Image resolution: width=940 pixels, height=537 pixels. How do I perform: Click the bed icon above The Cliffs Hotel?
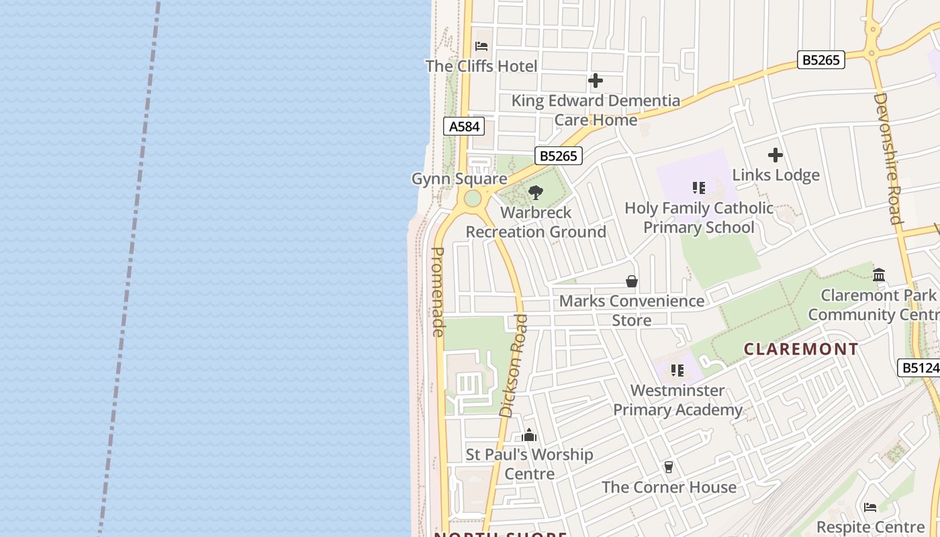tap(481, 46)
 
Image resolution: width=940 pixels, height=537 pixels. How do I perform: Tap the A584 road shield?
tap(464, 126)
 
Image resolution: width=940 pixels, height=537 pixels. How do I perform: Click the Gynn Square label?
tap(459, 179)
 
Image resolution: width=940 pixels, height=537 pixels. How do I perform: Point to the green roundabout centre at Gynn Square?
tap(473, 198)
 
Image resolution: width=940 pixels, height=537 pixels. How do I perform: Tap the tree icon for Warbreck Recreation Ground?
tap(536, 193)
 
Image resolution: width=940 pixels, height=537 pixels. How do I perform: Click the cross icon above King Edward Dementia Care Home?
tap(595, 81)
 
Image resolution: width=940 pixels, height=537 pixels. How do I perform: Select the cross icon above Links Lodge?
tap(775, 156)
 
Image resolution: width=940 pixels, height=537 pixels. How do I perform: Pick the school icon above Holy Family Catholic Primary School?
tap(698, 188)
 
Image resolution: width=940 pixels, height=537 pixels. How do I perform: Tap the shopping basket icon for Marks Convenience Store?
tap(632, 281)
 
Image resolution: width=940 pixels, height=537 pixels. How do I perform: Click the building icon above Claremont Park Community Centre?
tap(879, 275)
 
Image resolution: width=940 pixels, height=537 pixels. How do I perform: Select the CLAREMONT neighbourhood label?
tap(801, 349)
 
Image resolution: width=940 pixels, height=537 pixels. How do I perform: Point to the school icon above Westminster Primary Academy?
tap(677, 371)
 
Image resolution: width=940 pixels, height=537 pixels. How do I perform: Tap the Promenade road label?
tap(438, 292)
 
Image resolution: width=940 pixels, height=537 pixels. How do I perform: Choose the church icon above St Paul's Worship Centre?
tap(529, 435)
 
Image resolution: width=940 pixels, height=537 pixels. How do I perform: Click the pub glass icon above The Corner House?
tap(668, 467)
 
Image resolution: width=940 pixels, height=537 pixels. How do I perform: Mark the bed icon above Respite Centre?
tap(870, 507)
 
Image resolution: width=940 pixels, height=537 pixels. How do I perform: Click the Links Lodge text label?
tap(775, 175)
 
